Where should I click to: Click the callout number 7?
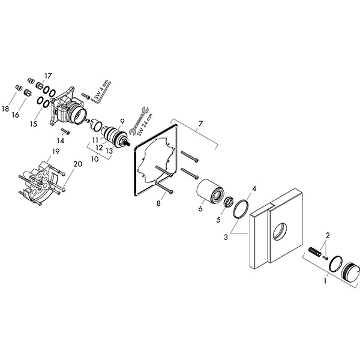200,124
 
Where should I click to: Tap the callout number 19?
55,151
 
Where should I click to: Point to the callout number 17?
48,76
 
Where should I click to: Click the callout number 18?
5,109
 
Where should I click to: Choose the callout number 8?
159,203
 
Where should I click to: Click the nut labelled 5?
229,202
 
